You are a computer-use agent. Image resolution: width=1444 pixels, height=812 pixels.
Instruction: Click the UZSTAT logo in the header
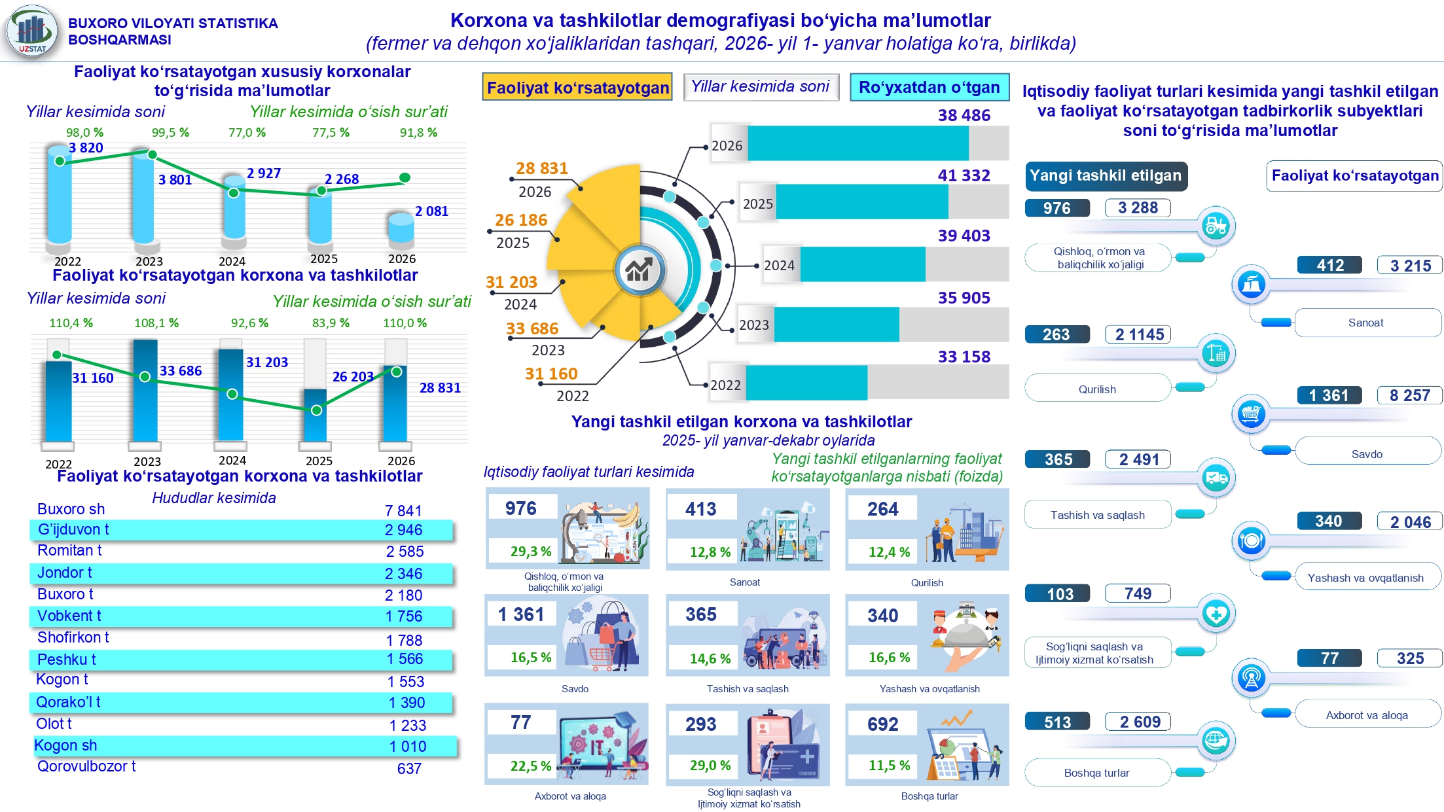(31, 31)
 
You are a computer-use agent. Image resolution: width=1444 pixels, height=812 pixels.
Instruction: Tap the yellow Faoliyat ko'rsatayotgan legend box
(577, 87)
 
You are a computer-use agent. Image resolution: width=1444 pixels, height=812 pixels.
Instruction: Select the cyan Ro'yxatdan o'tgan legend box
(929, 87)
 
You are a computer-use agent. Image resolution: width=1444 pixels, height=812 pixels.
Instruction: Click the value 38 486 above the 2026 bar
(964, 115)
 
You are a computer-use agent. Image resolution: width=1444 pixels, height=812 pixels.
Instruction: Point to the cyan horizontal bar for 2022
(806, 383)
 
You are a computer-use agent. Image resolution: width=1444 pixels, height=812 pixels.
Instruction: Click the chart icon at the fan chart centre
(639, 269)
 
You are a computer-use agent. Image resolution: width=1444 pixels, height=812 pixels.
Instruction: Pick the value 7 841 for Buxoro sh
(403, 510)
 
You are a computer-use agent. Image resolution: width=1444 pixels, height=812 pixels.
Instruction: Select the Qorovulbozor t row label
(86, 766)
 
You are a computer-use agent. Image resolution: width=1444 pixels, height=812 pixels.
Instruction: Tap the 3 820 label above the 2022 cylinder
(86, 148)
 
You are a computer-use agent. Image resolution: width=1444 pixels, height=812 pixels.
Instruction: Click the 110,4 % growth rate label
(71, 323)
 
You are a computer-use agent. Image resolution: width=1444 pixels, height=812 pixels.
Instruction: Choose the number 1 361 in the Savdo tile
(521, 614)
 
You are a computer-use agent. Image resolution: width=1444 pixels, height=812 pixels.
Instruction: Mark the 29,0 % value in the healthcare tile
(710, 765)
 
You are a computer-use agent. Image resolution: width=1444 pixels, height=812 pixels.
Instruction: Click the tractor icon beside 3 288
(1216, 226)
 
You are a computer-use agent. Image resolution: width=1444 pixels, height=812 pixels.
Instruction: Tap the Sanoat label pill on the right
(1366, 323)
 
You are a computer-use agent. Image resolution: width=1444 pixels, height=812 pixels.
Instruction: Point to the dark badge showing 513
(1057, 722)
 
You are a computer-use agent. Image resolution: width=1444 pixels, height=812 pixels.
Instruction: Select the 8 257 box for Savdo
(1409, 395)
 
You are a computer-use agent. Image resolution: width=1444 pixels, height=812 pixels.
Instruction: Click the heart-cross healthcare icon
(1216, 614)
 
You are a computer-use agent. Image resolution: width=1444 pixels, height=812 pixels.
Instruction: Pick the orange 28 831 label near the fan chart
(541, 168)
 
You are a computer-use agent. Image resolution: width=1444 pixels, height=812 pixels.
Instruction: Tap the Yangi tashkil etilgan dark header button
(1106, 175)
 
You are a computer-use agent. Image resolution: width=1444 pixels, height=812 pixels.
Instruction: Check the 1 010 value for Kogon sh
(407, 747)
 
